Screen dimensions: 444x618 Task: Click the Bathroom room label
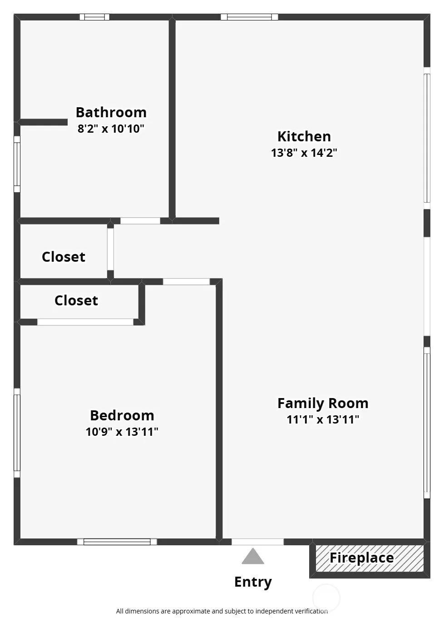[111, 113]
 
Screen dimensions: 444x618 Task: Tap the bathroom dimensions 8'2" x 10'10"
[111, 129]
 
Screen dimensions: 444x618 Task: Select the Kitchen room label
[304, 137]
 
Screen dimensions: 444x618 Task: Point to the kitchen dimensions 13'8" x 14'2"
[304, 153]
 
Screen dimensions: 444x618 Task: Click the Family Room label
[323, 404]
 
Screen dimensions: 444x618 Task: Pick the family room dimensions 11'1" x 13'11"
[323, 419]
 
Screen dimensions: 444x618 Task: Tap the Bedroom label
[122, 415]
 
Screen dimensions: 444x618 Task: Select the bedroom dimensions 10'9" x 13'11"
[122, 432]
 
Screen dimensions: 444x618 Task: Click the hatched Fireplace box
[370, 558]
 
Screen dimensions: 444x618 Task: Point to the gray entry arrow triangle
[253, 557]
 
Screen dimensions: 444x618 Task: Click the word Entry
[253, 582]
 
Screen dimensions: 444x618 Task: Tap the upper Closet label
[64, 257]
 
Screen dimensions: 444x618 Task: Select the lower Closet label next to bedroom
[76, 300]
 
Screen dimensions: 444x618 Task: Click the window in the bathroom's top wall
[94, 17]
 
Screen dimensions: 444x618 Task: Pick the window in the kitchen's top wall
[249, 17]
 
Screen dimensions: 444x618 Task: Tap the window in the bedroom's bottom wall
[117, 542]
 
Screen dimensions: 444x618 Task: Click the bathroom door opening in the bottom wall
[140, 221]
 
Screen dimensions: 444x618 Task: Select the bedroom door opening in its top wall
[186, 282]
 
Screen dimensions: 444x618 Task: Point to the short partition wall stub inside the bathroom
[44, 122]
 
